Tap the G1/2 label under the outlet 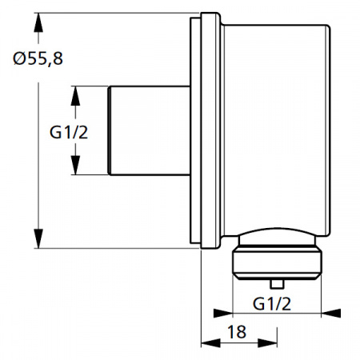click(270, 303)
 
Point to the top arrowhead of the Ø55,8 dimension click(38, 20)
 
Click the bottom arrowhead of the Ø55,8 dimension click(38, 241)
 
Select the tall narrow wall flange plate click(198, 132)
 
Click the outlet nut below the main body click(276, 262)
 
